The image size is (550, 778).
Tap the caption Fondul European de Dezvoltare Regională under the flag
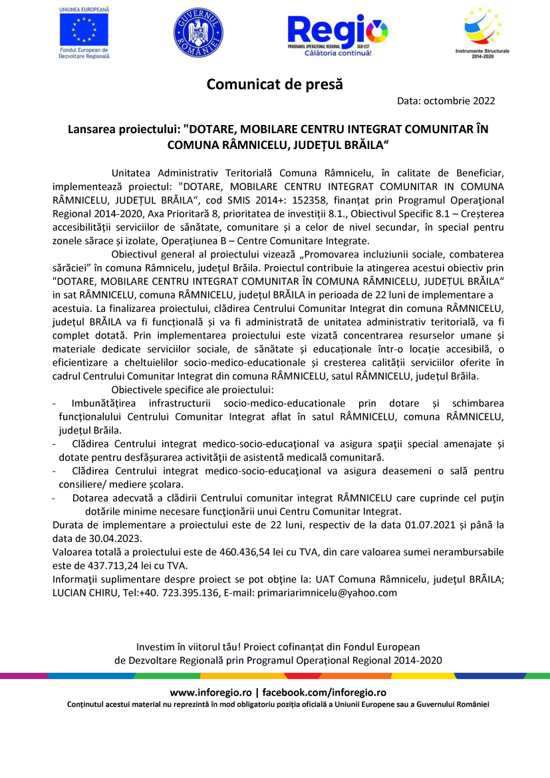point(84,53)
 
